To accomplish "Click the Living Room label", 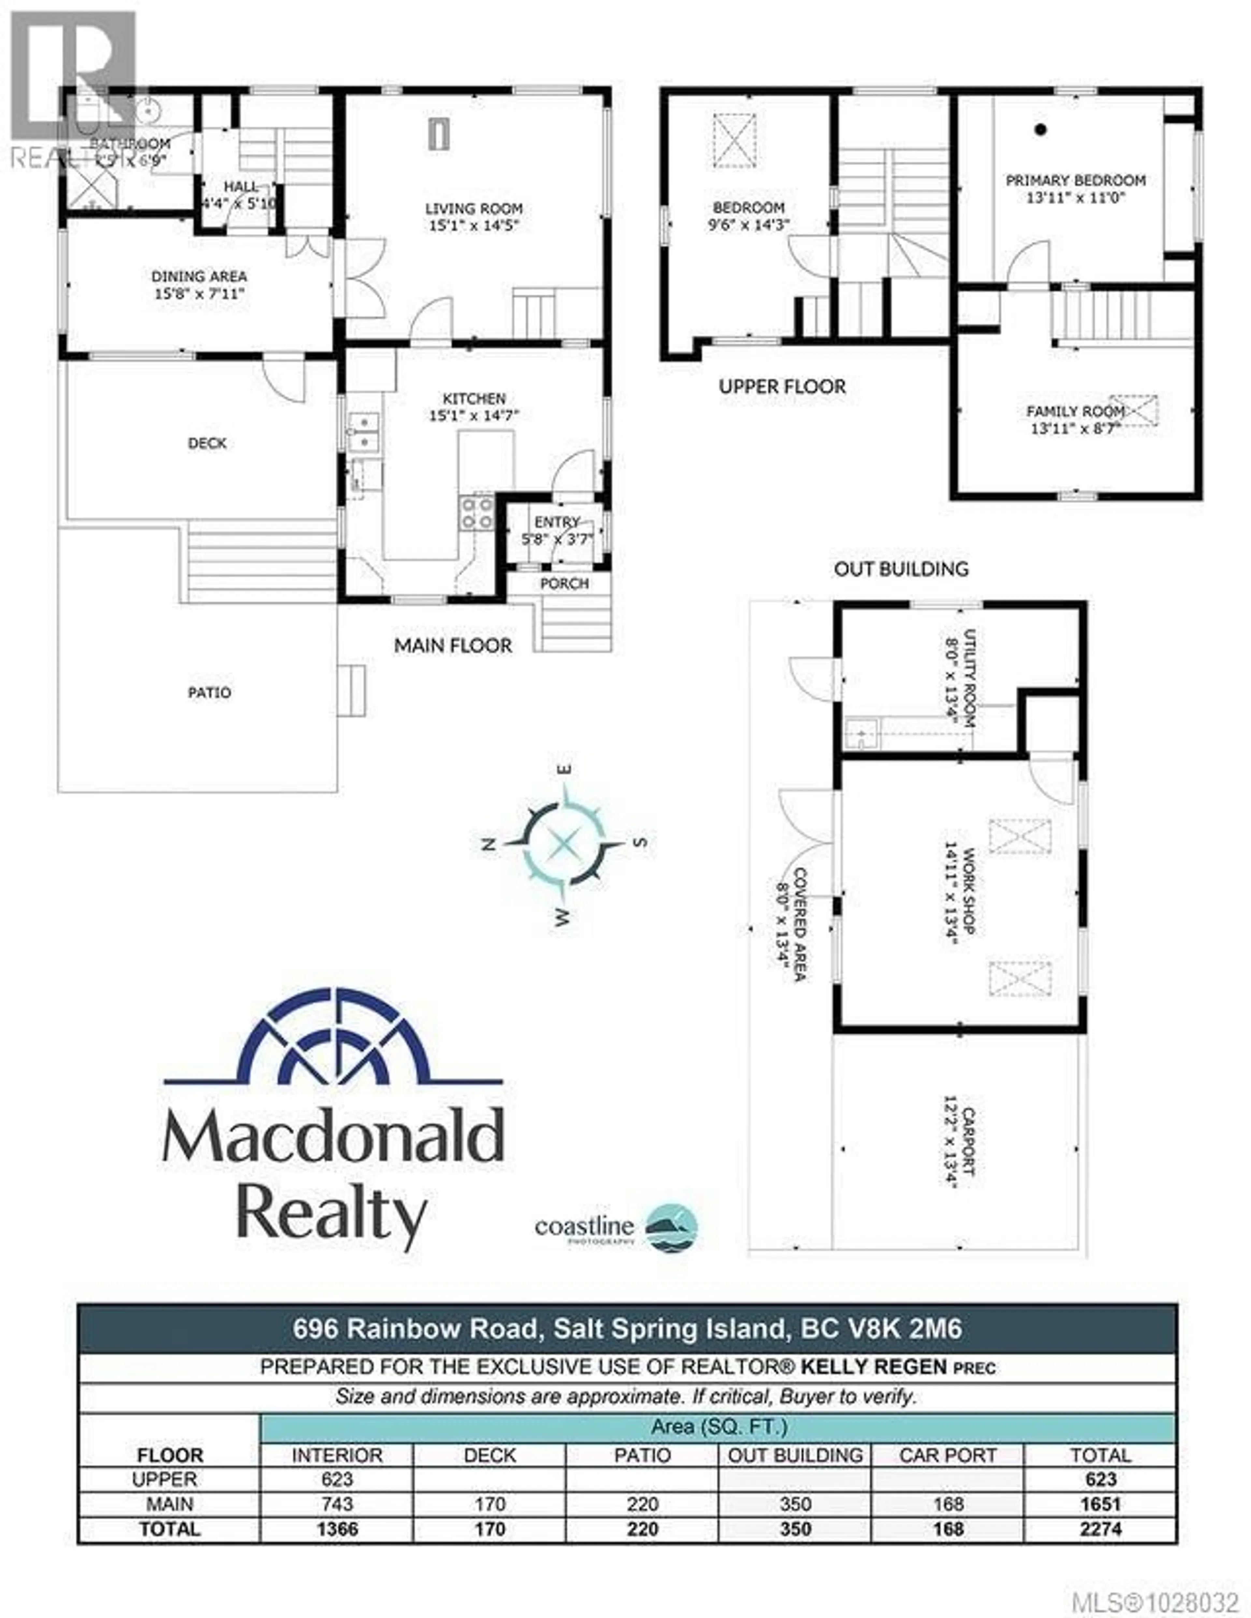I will tap(474, 209).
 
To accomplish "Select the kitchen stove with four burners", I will tap(477, 513).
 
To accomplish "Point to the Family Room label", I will tap(1075, 411).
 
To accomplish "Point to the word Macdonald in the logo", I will tap(334, 1136).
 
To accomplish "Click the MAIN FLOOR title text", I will tap(453, 645).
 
